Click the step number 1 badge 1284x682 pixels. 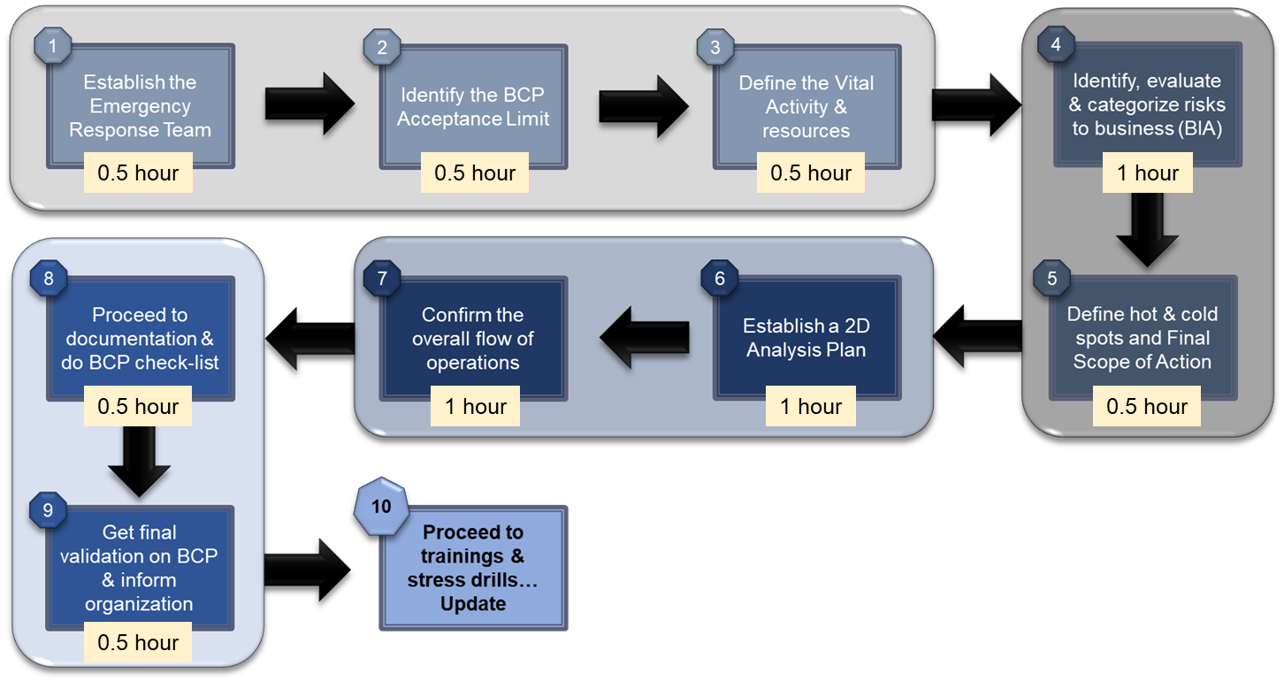54,47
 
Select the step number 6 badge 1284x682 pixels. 719,279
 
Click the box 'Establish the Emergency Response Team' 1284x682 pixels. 141,106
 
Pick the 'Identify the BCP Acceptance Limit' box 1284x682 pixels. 473,106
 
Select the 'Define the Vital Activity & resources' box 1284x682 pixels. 806,106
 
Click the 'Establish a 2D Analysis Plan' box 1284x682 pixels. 806,338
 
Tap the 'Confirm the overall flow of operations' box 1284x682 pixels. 473,338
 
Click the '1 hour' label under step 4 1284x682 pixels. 1147,173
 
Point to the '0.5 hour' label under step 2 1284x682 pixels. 475,173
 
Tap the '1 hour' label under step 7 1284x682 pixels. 475,407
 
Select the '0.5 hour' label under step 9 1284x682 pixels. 138,642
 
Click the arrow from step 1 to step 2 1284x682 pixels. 309,104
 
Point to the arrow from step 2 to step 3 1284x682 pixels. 643,104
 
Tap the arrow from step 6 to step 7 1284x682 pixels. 645,337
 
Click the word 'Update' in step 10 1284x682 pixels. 473,604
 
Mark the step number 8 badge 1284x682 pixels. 48,279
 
